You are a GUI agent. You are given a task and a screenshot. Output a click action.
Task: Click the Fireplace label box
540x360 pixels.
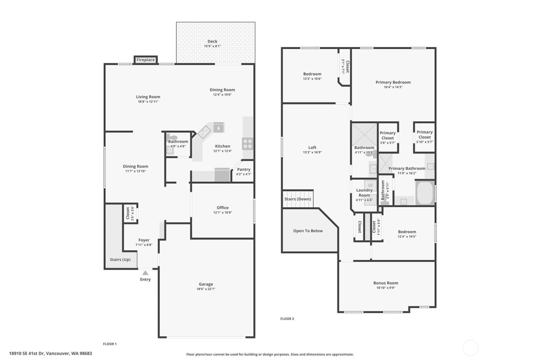[x=146, y=60]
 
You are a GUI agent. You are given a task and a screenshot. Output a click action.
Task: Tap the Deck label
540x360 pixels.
[x=213, y=41]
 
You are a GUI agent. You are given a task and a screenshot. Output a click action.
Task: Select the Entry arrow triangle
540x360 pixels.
[x=145, y=273]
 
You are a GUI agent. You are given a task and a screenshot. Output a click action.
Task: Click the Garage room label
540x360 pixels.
[x=206, y=284]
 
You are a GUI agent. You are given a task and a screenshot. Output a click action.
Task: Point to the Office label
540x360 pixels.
[x=223, y=208]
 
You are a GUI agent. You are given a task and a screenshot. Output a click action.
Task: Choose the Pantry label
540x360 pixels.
[x=244, y=169]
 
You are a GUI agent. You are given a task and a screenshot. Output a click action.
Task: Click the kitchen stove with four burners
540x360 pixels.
[x=248, y=144]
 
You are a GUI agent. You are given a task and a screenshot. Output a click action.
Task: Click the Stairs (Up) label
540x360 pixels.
[x=120, y=260]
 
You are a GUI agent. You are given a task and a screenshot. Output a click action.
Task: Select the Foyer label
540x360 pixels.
[x=144, y=240]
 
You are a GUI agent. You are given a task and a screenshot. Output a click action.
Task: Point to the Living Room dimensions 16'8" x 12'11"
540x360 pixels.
[x=148, y=102]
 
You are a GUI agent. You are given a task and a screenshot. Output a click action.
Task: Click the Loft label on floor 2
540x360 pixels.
[x=312, y=147]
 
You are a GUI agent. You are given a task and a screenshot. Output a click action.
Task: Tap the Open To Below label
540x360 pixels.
[x=308, y=231]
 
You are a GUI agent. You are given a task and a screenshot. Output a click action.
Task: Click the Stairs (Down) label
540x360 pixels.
[x=298, y=199]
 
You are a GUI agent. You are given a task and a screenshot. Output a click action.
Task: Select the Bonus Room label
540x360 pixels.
[x=386, y=283]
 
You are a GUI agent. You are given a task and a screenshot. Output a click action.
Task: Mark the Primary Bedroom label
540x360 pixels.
[x=393, y=82]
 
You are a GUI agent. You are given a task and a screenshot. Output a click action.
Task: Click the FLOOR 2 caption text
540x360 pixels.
[x=287, y=319]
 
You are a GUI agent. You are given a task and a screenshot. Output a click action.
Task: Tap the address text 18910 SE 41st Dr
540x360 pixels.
[x=33, y=353]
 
